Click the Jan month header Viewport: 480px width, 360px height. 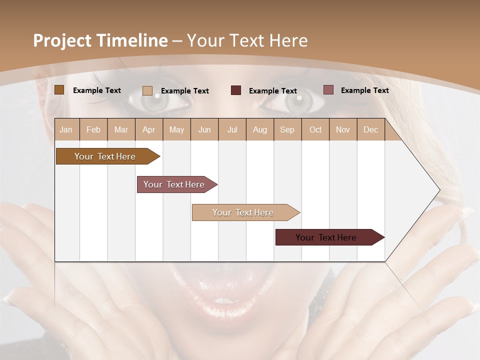point(66,129)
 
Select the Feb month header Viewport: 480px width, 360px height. point(93,129)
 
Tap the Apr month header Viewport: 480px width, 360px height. point(148,129)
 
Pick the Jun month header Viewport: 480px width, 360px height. point(204,129)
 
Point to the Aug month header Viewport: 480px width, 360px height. point(259,129)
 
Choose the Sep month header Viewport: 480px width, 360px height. point(287,129)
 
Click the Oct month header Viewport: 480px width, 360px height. point(315,129)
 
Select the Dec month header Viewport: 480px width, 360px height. point(370,129)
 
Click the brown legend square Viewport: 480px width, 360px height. point(59,90)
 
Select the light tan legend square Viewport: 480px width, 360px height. point(147,90)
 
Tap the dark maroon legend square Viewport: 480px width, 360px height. point(236,90)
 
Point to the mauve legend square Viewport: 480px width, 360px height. point(328,90)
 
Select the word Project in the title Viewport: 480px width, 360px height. point(62,40)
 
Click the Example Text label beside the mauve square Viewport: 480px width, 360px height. point(364,90)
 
